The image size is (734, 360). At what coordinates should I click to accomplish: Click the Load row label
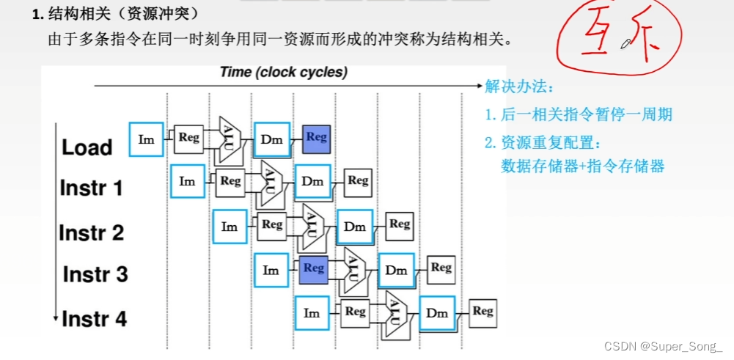point(87,147)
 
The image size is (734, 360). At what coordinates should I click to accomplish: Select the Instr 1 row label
point(91,188)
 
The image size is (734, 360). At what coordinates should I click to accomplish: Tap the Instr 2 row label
point(92,233)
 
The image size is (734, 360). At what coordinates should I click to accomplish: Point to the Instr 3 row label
point(95,275)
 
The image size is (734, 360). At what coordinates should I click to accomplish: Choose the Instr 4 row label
point(94,319)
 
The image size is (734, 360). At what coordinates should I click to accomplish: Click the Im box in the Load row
point(147,139)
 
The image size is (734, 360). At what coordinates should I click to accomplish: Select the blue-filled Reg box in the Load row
point(316,137)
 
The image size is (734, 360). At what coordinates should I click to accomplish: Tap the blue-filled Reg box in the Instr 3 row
point(313,268)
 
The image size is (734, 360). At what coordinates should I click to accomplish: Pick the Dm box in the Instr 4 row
point(437,313)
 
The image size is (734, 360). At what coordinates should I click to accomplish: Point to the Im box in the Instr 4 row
point(312,313)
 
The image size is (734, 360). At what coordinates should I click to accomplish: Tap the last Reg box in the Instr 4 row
point(482,312)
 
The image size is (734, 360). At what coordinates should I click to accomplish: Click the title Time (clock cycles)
point(284,73)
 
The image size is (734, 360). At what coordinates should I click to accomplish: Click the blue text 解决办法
point(516,87)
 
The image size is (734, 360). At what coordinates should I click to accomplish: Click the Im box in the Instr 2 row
point(230,227)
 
